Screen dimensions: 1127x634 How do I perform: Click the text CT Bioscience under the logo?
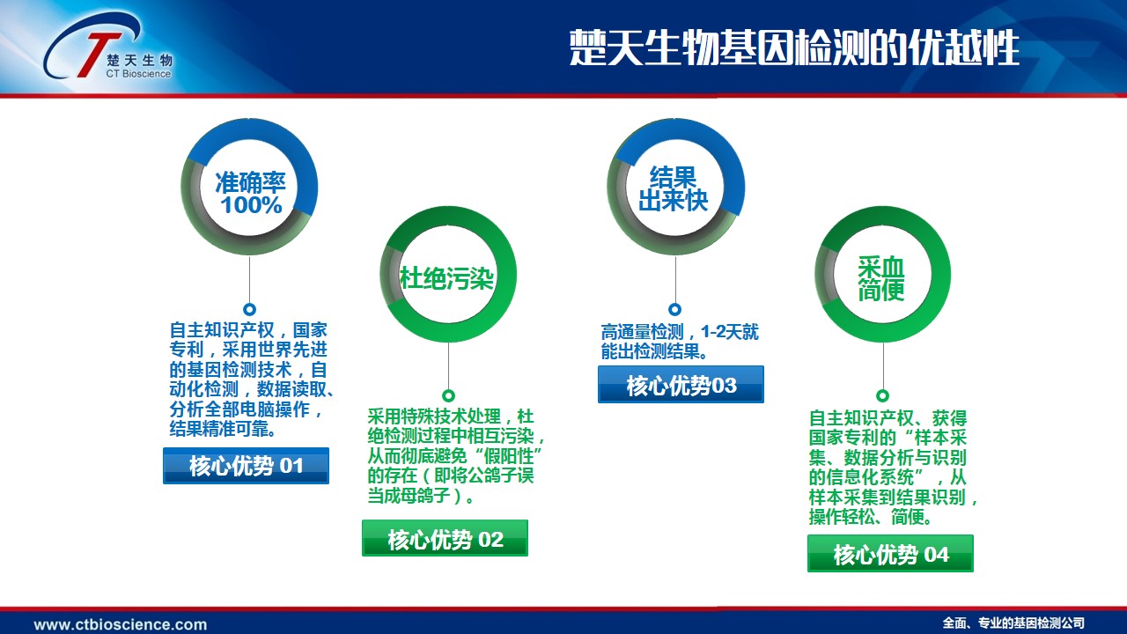tap(138, 74)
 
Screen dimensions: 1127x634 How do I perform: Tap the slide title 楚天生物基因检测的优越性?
tap(794, 48)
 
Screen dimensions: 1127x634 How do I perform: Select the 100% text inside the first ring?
tap(251, 205)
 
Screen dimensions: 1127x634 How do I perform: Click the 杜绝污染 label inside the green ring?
tap(446, 278)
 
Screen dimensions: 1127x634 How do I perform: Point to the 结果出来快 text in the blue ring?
tap(674, 188)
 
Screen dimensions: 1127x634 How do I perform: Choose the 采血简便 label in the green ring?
tap(881, 278)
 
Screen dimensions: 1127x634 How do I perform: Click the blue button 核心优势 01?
tap(246, 466)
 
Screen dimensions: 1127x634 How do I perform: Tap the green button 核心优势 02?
tap(445, 538)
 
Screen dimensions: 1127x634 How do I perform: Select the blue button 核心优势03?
tap(681, 385)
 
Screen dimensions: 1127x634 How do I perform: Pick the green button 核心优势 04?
tap(890, 554)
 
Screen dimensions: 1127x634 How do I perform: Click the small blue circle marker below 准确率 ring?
tap(249, 309)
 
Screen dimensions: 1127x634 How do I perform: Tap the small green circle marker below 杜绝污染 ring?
tap(448, 395)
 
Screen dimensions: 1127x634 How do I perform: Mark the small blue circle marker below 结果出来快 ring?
tap(674, 309)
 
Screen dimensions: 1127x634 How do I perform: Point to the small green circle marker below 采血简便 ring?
tap(882, 395)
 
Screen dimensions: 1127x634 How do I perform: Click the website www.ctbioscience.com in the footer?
tap(121, 624)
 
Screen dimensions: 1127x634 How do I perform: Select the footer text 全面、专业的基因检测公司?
tap(1013, 623)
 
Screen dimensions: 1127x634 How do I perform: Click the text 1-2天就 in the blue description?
tap(730, 332)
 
